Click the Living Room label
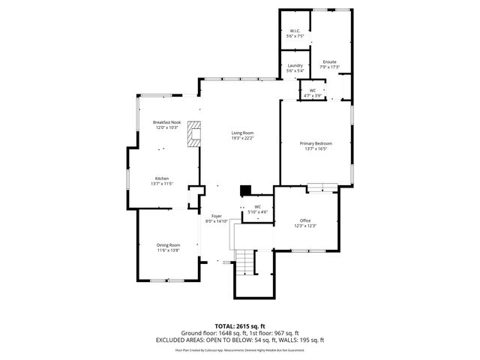pyautogui.click(x=242, y=133)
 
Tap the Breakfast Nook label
pyautogui.click(x=166, y=122)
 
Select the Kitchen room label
pyautogui.click(x=162, y=178)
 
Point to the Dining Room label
pyautogui.click(x=168, y=245)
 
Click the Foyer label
pyautogui.click(x=216, y=216)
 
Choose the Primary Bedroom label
pyautogui.click(x=316, y=143)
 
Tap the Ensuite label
pyautogui.click(x=329, y=61)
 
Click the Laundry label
pyautogui.click(x=295, y=66)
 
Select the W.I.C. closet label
pyautogui.click(x=295, y=31)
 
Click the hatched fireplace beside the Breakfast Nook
pyautogui.click(x=195, y=135)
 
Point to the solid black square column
pyautogui.click(x=244, y=190)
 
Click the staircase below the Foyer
pyautogui.click(x=245, y=262)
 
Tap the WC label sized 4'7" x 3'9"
pyautogui.click(x=313, y=91)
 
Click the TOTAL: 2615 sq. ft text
pyautogui.click(x=239, y=326)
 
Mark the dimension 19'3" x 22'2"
pyautogui.click(x=242, y=138)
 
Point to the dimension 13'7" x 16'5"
pyautogui.click(x=316, y=148)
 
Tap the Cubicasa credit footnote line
pyautogui.click(x=239, y=349)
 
